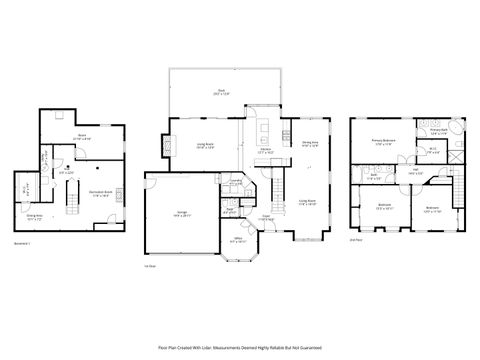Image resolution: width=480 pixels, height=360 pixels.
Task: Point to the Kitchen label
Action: point(267,152)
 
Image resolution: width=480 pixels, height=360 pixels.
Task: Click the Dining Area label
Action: point(310,144)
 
